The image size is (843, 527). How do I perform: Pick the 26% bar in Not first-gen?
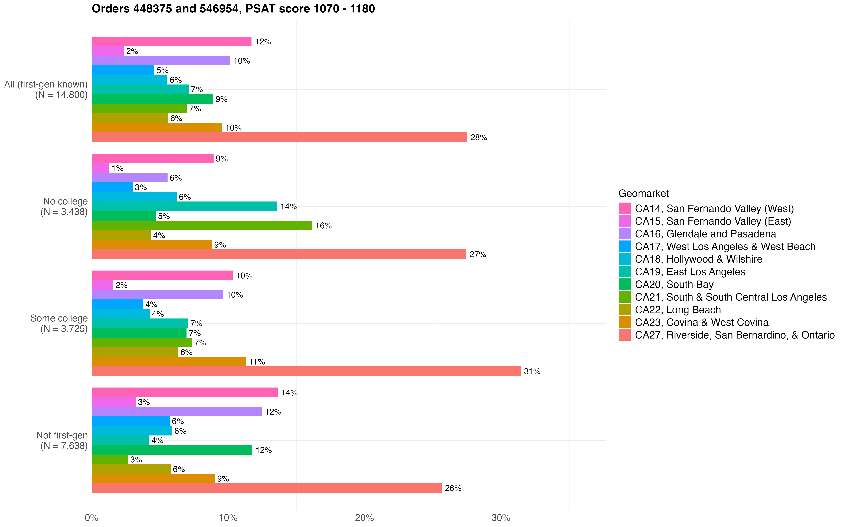(x=266, y=488)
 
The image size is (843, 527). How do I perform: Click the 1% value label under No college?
(x=117, y=168)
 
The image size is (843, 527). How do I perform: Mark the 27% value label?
(x=478, y=254)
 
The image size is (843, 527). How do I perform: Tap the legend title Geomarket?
(x=644, y=193)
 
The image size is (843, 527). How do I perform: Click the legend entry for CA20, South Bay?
(x=674, y=284)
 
